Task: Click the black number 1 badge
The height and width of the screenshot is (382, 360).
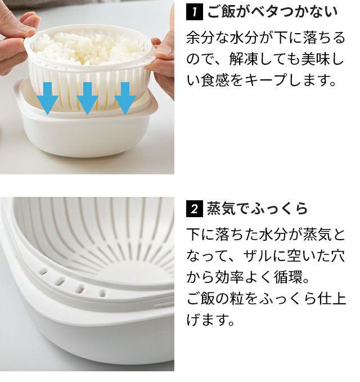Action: pyautogui.click(x=195, y=12)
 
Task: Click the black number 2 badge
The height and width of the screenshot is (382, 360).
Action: pyautogui.click(x=195, y=209)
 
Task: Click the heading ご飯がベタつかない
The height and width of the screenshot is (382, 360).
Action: pyautogui.click(x=273, y=12)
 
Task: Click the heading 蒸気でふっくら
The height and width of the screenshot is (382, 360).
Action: pyautogui.click(x=257, y=209)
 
